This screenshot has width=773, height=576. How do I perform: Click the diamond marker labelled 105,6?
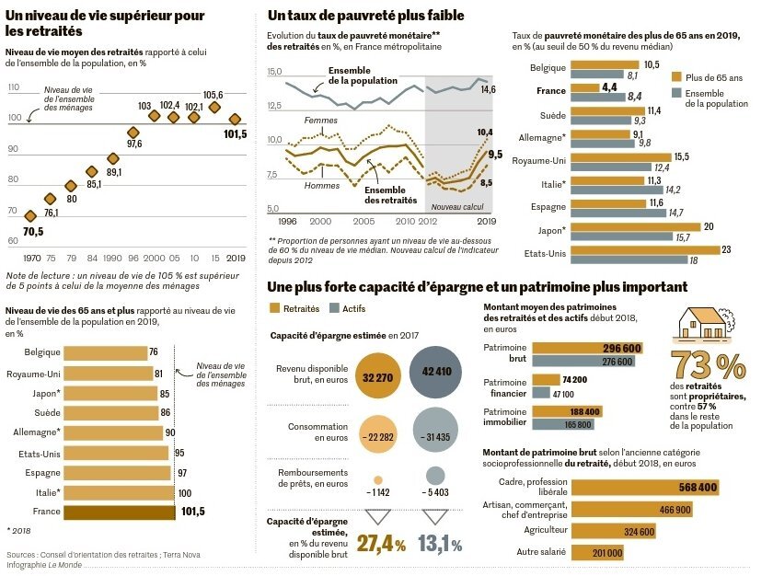pos(214,107)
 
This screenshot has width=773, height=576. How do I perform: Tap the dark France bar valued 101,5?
pos(120,512)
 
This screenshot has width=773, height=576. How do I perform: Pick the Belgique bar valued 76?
pos(106,352)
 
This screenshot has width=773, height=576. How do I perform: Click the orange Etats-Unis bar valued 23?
pos(645,249)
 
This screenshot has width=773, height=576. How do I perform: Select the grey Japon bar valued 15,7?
pos(622,237)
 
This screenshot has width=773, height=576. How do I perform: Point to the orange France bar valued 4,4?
pos(584,87)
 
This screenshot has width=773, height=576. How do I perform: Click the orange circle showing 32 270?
pos(377,376)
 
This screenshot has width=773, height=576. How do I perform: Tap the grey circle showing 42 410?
pos(436,372)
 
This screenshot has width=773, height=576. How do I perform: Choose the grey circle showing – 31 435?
pos(436,430)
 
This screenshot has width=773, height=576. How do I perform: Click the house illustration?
pos(703,324)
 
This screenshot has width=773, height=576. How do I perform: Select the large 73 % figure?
pos(709,365)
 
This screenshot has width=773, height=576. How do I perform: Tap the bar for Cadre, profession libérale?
pos(645,488)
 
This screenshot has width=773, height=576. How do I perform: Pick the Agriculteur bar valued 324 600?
pos(613,531)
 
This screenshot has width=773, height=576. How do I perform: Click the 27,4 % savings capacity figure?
pos(381,544)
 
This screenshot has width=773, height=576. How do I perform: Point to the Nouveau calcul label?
pos(457,207)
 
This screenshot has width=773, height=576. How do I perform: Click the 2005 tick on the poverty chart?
pos(363,221)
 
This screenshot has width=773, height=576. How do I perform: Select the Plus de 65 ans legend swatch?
pos(676,77)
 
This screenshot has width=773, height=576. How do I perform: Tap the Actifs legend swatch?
pos(334,308)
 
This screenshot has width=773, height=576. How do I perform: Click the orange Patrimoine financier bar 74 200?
pos(546,379)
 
